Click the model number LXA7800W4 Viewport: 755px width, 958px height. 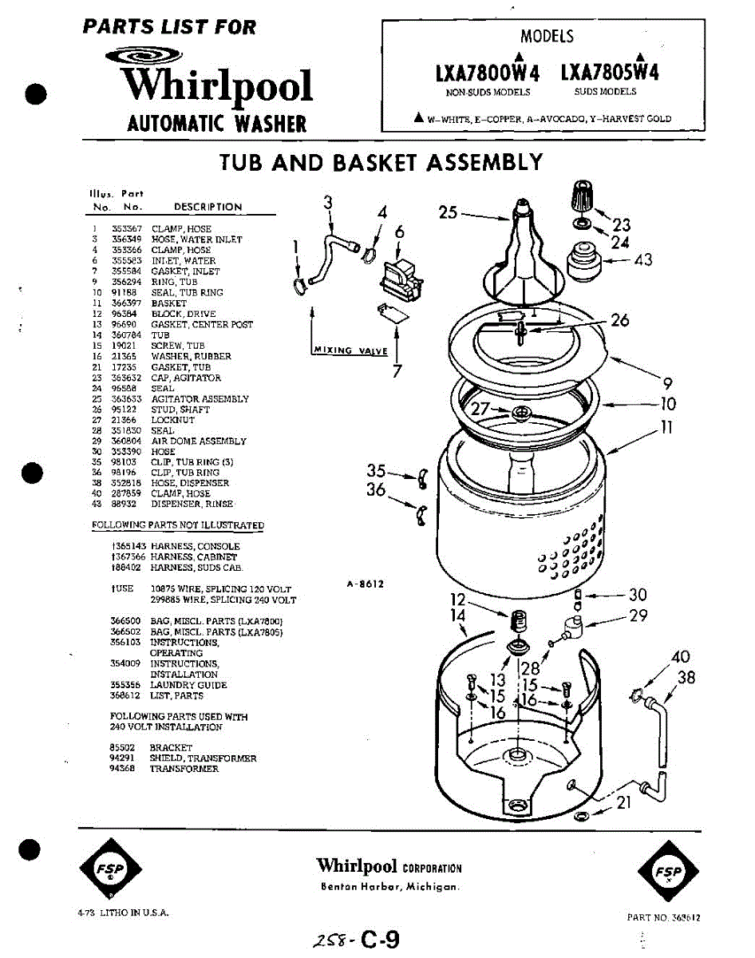click(x=488, y=73)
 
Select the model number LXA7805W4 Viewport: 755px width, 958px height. click(x=611, y=73)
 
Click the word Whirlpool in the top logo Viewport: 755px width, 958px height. click(x=217, y=86)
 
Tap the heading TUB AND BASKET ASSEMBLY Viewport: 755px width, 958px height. click(x=381, y=163)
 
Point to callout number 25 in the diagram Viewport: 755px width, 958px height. click(x=448, y=212)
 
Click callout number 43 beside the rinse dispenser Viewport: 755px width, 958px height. click(x=642, y=260)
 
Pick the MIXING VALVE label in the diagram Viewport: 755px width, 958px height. click(x=350, y=350)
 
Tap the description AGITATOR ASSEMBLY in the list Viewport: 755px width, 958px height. click(x=200, y=399)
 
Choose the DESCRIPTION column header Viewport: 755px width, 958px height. click(x=208, y=207)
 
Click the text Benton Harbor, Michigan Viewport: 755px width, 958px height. click(x=389, y=888)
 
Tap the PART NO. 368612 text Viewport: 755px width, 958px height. click(x=663, y=917)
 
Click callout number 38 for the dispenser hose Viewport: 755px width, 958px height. click(x=686, y=678)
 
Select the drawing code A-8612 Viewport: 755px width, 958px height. click(x=366, y=584)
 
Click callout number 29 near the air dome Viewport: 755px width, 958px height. click(x=638, y=616)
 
